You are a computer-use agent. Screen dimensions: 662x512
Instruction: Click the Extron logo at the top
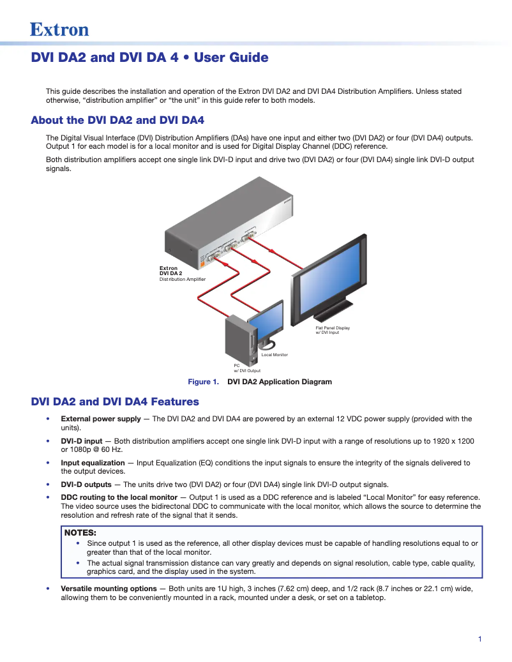[59, 29]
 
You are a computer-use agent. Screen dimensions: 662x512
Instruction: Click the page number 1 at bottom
[479, 639]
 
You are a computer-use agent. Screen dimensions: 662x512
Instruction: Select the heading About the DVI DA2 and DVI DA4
[117, 120]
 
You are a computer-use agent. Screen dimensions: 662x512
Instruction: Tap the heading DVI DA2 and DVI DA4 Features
[115, 402]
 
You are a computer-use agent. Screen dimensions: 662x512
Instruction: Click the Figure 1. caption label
[203, 382]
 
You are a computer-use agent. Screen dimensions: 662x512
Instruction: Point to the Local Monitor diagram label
[275, 354]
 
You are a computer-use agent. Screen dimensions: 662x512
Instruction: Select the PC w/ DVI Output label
[246, 368]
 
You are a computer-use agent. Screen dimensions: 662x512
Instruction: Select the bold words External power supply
[101, 419]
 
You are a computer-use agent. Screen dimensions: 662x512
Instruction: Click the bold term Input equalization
[93, 463]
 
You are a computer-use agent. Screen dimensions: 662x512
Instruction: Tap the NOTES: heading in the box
[80, 532]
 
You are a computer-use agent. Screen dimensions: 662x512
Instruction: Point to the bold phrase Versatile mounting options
[109, 589]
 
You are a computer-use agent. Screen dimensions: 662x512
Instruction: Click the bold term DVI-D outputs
[86, 485]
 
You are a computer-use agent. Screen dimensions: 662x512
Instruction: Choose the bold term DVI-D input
[82, 441]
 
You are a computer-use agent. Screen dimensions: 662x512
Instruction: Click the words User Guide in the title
[231, 57]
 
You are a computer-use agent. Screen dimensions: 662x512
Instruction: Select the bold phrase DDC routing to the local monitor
[119, 497]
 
